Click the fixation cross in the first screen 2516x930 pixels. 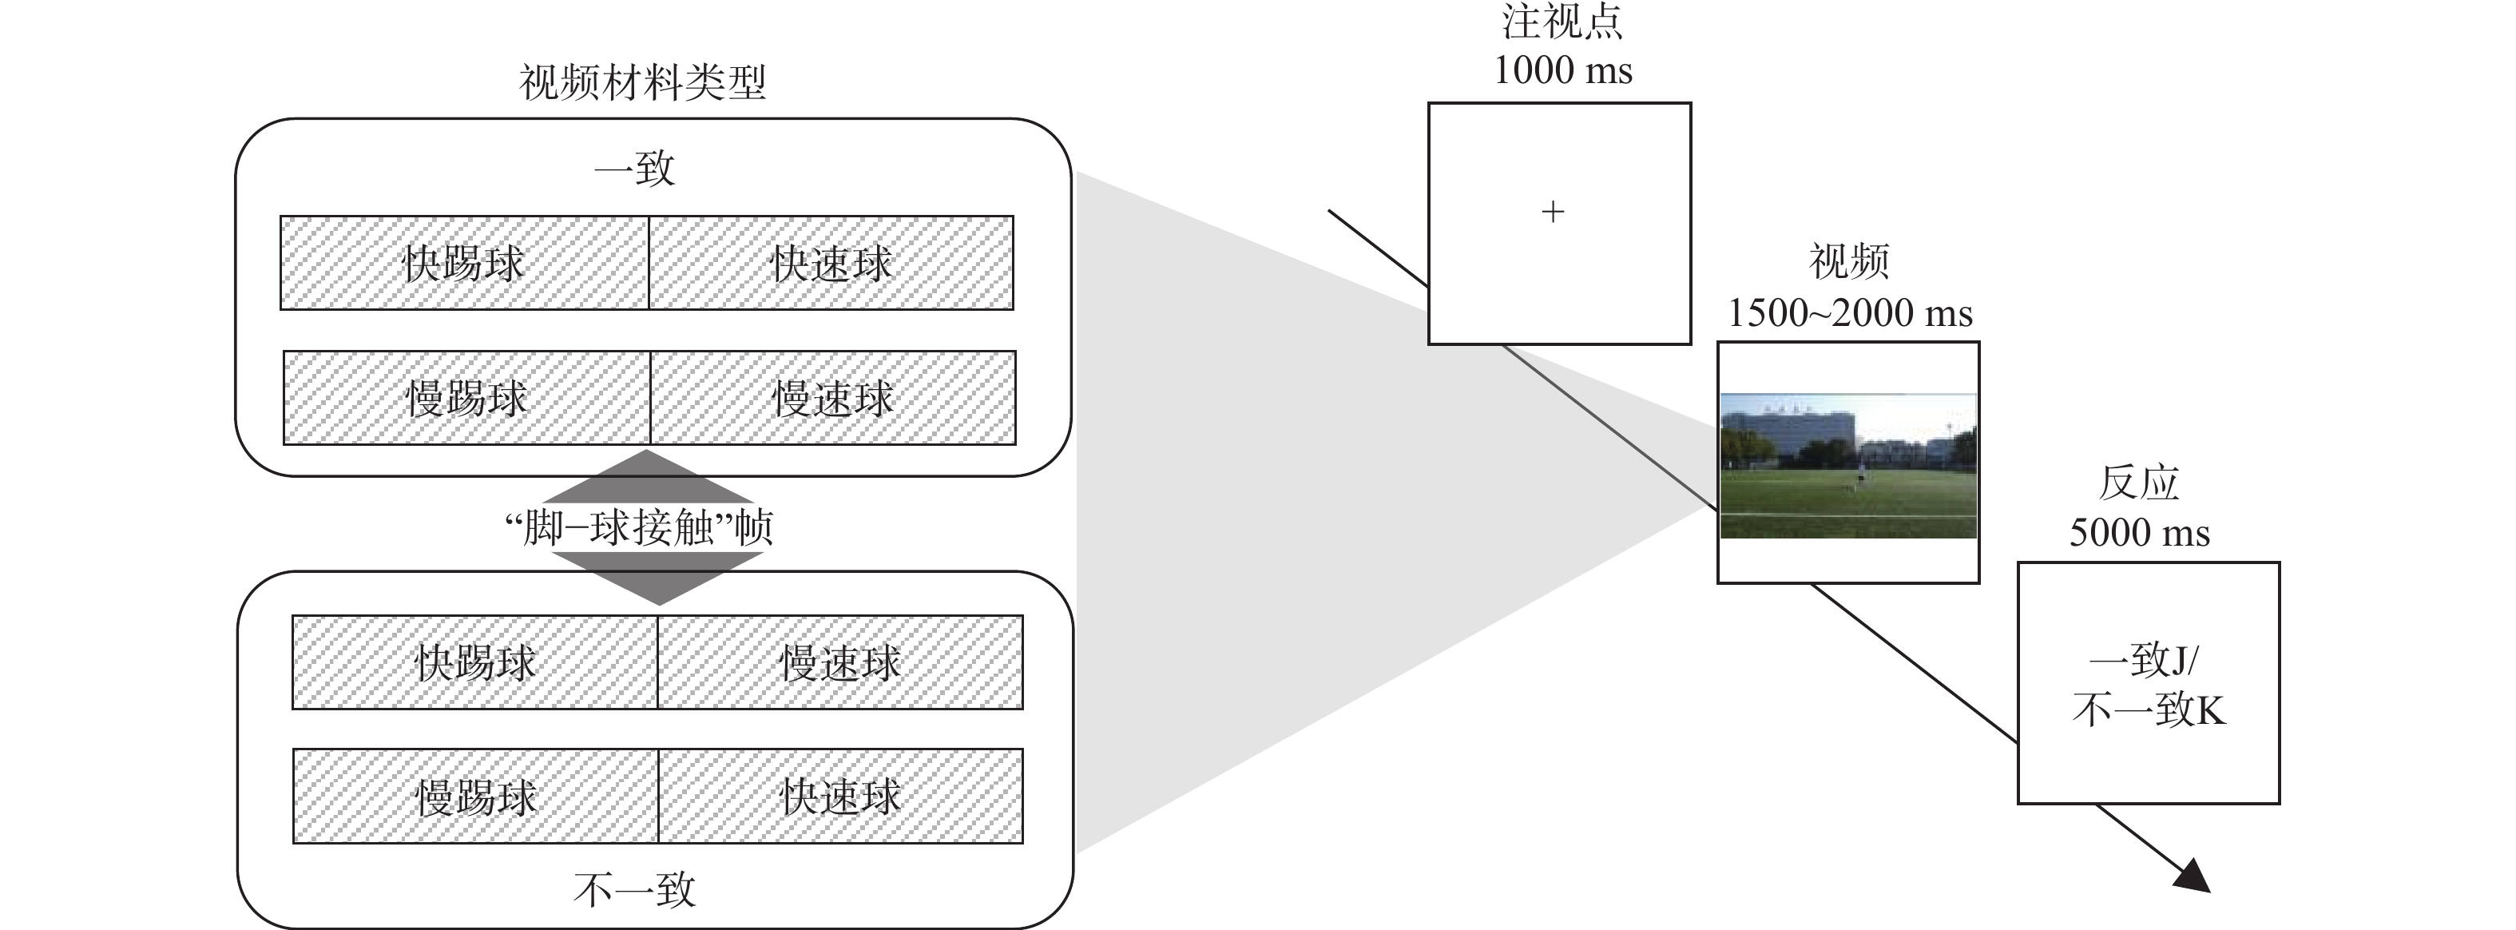click(x=1552, y=212)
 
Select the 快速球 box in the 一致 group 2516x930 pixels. click(x=831, y=264)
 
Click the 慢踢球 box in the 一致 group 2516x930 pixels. click(x=467, y=399)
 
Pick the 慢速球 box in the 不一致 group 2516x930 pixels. click(x=840, y=663)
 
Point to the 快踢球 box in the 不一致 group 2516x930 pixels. click(x=474, y=663)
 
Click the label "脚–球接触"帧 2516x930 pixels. click(x=640, y=528)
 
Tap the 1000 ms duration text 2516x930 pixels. click(x=1563, y=70)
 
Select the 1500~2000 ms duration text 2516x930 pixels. click(x=1849, y=313)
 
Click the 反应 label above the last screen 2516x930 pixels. click(x=2139, y=483)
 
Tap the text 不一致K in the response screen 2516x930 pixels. click(x=2148, y=710)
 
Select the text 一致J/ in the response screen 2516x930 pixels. click(x=2143, y=662)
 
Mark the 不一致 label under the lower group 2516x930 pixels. click(x=634, y=890)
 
